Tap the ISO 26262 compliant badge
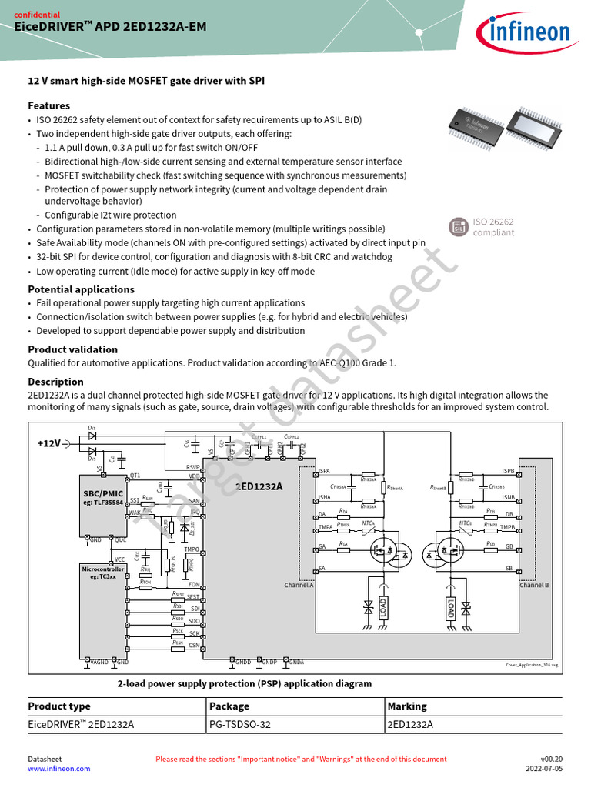click(x=482, y=227)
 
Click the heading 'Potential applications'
click(x=81, y=289)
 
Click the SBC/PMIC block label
click(x=102, y=492)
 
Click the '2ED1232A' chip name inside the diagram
click(x=259, y=486)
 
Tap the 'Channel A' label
click(x=299, y=586)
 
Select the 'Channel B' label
click(x=534, y=586)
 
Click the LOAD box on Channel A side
click(x=384, y=608)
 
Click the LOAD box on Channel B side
click(x=450, y=609)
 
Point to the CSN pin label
click(x=194, y=645)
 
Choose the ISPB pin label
click(x=508, y=471)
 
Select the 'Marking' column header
click(x=407, y=706)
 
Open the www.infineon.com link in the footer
click(x=59, y=768)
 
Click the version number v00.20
click(x=551, y=759)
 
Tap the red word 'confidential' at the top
click(x=38, y=14)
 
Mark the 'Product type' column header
click(x=59, y=706)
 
